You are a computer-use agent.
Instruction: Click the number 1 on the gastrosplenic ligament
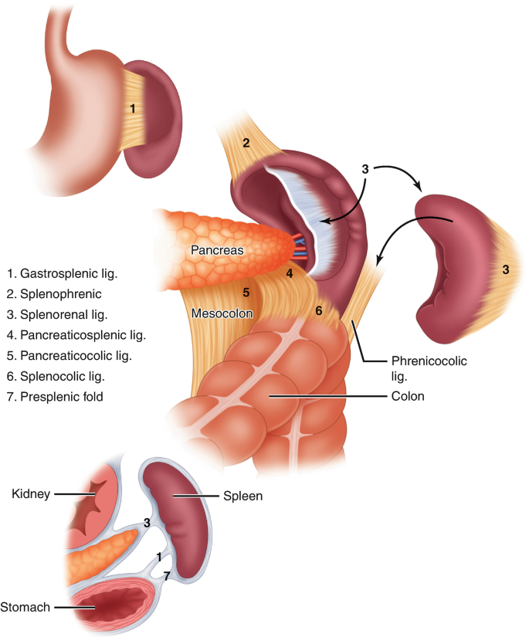133,109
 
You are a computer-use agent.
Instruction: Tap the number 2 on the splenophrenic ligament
246,142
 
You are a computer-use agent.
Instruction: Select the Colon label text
409,396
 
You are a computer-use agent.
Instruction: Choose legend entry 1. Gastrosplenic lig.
63,273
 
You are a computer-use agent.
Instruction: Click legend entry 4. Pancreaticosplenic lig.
76,336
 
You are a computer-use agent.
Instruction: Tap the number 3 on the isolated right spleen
505,269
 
